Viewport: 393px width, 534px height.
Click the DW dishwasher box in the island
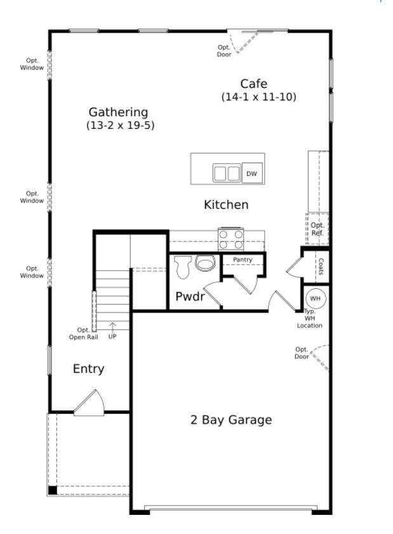click(x=252, y=173)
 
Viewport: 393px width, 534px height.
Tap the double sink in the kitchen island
click(x=227, y=173)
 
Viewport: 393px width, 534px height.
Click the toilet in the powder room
click(x=183, y=267)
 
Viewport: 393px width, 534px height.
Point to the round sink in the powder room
click(x=205, y=263)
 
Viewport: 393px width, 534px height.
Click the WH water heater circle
click(x=315, y=298)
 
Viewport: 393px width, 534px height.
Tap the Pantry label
click(x=243, y=260)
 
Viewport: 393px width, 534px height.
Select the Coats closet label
click(x=321, y=266)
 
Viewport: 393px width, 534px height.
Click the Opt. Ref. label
click(x=317, y=229)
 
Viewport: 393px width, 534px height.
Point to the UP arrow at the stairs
click(x=112, y=327)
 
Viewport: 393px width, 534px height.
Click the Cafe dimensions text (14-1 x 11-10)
click(x=259, y=97)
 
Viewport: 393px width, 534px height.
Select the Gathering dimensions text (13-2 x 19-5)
click(x=120, y=125)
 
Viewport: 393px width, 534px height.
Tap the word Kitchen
click(x=226, y=204)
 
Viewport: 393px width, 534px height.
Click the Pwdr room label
click(x=190, y=297)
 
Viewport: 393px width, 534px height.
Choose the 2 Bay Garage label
click(x=231, y=420)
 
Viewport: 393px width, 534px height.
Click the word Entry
click(x=88, y=369)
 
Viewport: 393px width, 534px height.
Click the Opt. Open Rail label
click(x=84, y=334)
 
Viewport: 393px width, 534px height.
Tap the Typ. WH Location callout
click(x=310, y=318)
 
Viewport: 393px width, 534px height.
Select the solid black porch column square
click(x=53, y=490)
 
